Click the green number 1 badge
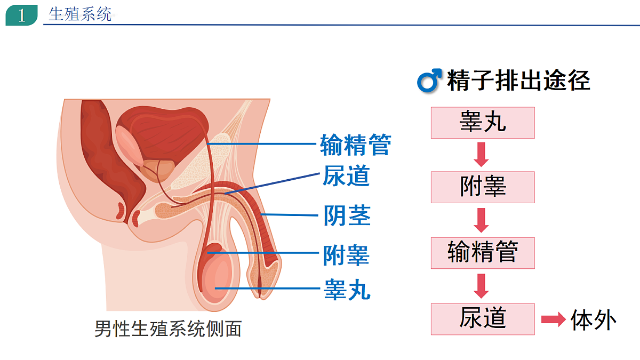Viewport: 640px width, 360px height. (x=21, y=15)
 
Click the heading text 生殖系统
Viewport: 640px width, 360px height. (x=79, y=14)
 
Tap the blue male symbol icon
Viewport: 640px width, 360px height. (x=429, y=81)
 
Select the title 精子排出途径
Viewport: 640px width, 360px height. (x=518, y=81)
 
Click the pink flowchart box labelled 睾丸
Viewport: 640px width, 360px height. (x=483, y=123)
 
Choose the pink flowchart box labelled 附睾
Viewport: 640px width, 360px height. (x=483, y=187)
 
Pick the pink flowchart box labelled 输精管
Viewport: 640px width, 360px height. (x=483, y=253)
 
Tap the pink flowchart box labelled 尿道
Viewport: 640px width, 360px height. (x=483, y=319)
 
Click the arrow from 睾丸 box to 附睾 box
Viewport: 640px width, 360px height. (x=481, y=155)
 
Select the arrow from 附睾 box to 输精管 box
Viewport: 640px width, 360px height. (x=481, y=220)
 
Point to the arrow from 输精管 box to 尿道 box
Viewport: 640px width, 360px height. (x=481, y=286)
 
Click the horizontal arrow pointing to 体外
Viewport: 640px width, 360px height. (x=554, y=319)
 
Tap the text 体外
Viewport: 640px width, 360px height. (x=594, y=320)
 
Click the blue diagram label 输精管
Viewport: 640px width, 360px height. (x=355, y=145)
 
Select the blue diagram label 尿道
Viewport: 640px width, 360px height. (x=346, y=175)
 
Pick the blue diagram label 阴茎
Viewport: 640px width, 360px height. (x=347, y=215)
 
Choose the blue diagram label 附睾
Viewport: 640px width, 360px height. (x=346, y=255)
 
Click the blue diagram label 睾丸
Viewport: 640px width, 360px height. (x=347, y=290)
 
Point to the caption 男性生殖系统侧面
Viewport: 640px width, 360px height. (x=168, y=329)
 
